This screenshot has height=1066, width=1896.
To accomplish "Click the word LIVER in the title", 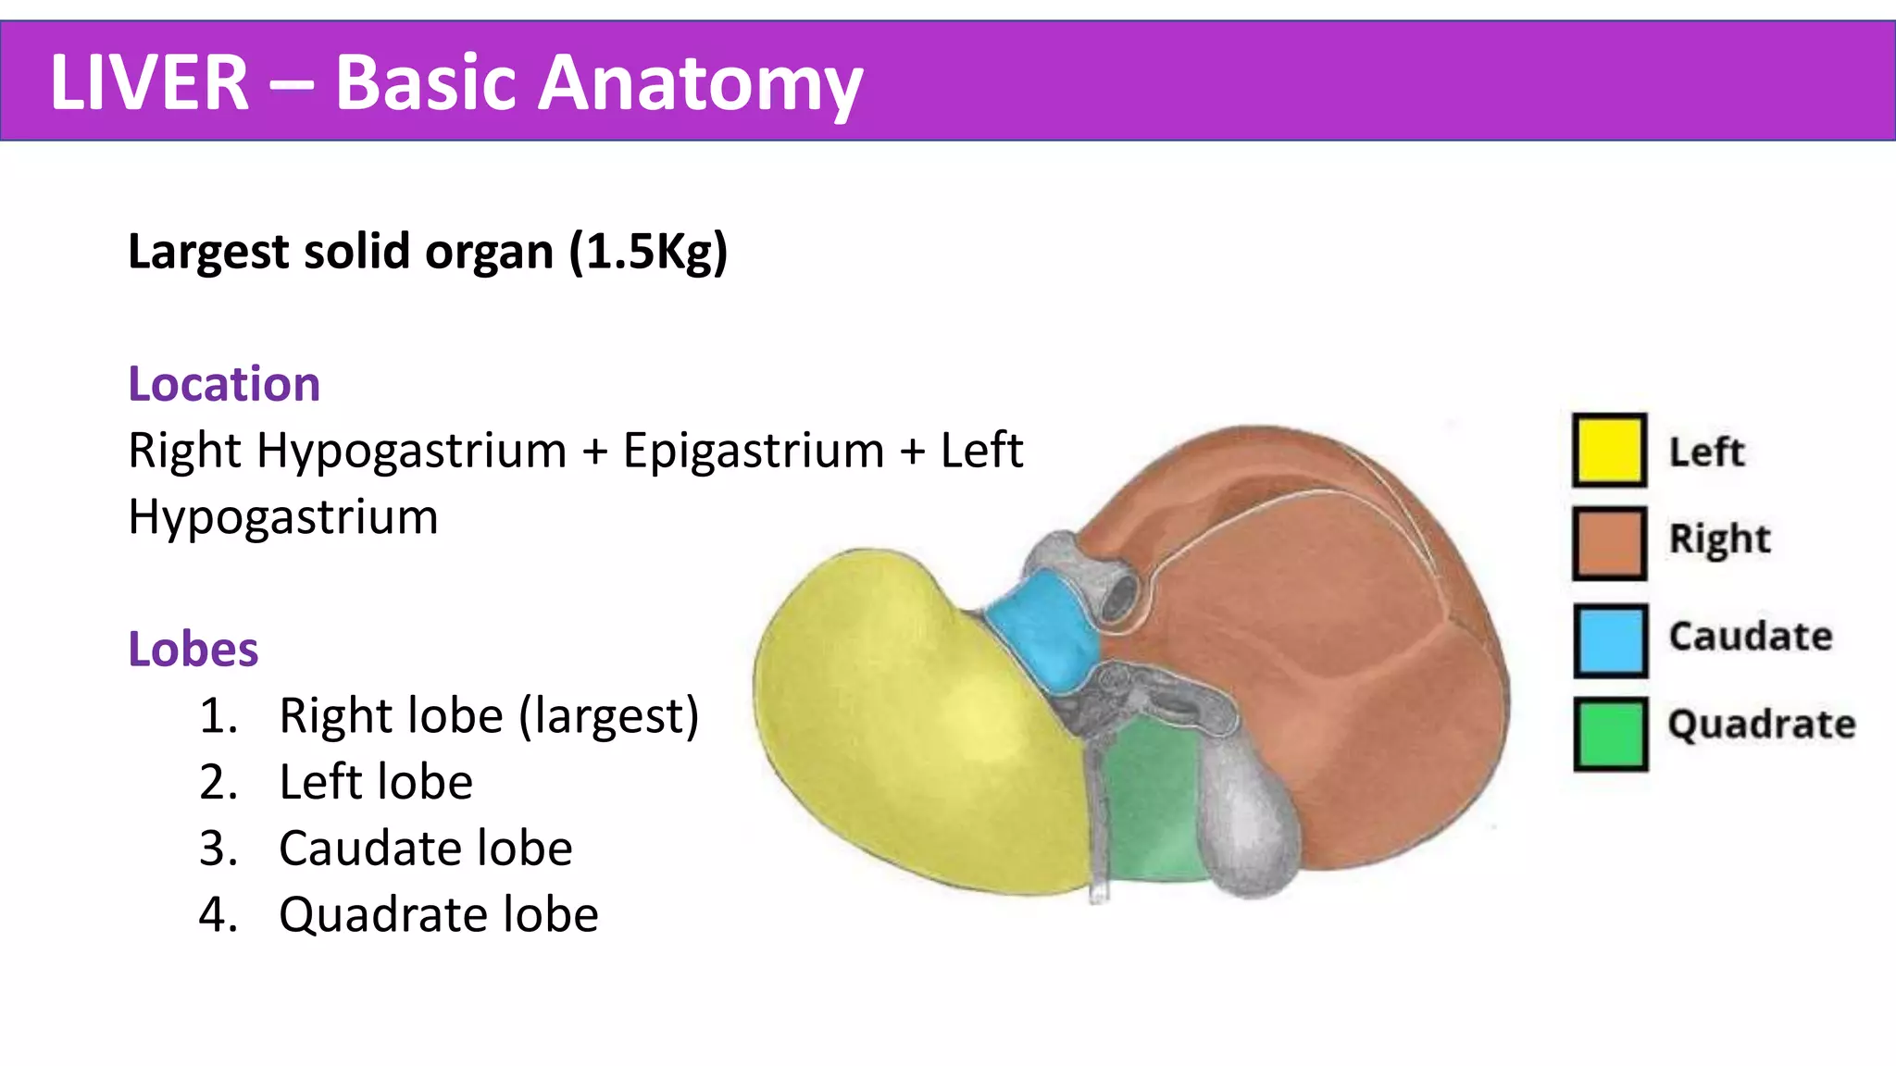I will click(149, 82).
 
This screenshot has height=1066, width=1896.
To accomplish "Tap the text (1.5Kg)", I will click(648, 252).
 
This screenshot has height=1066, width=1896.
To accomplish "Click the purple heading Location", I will click(224, 384).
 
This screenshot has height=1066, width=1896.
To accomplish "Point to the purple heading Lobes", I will click(193, 649).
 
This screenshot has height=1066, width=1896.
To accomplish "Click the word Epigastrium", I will click(753, 452).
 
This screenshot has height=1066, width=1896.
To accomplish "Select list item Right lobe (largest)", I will click(488, 716).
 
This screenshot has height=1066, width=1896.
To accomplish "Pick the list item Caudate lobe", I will click(425, 849).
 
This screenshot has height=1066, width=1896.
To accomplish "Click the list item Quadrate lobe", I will click(438, 915).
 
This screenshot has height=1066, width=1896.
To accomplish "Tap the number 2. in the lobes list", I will click(218, 783).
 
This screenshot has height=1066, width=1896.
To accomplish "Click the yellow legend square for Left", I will click(1609, 451).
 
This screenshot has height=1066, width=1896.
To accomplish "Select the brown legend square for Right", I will click(1609, 543).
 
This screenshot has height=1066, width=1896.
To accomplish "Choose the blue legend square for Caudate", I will click(1610, 640).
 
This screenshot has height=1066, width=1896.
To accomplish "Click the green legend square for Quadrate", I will click(1610, 735).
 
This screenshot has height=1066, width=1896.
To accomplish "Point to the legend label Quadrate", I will click(1761, 725).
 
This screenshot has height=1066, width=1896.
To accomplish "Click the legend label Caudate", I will click(1750, 637).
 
